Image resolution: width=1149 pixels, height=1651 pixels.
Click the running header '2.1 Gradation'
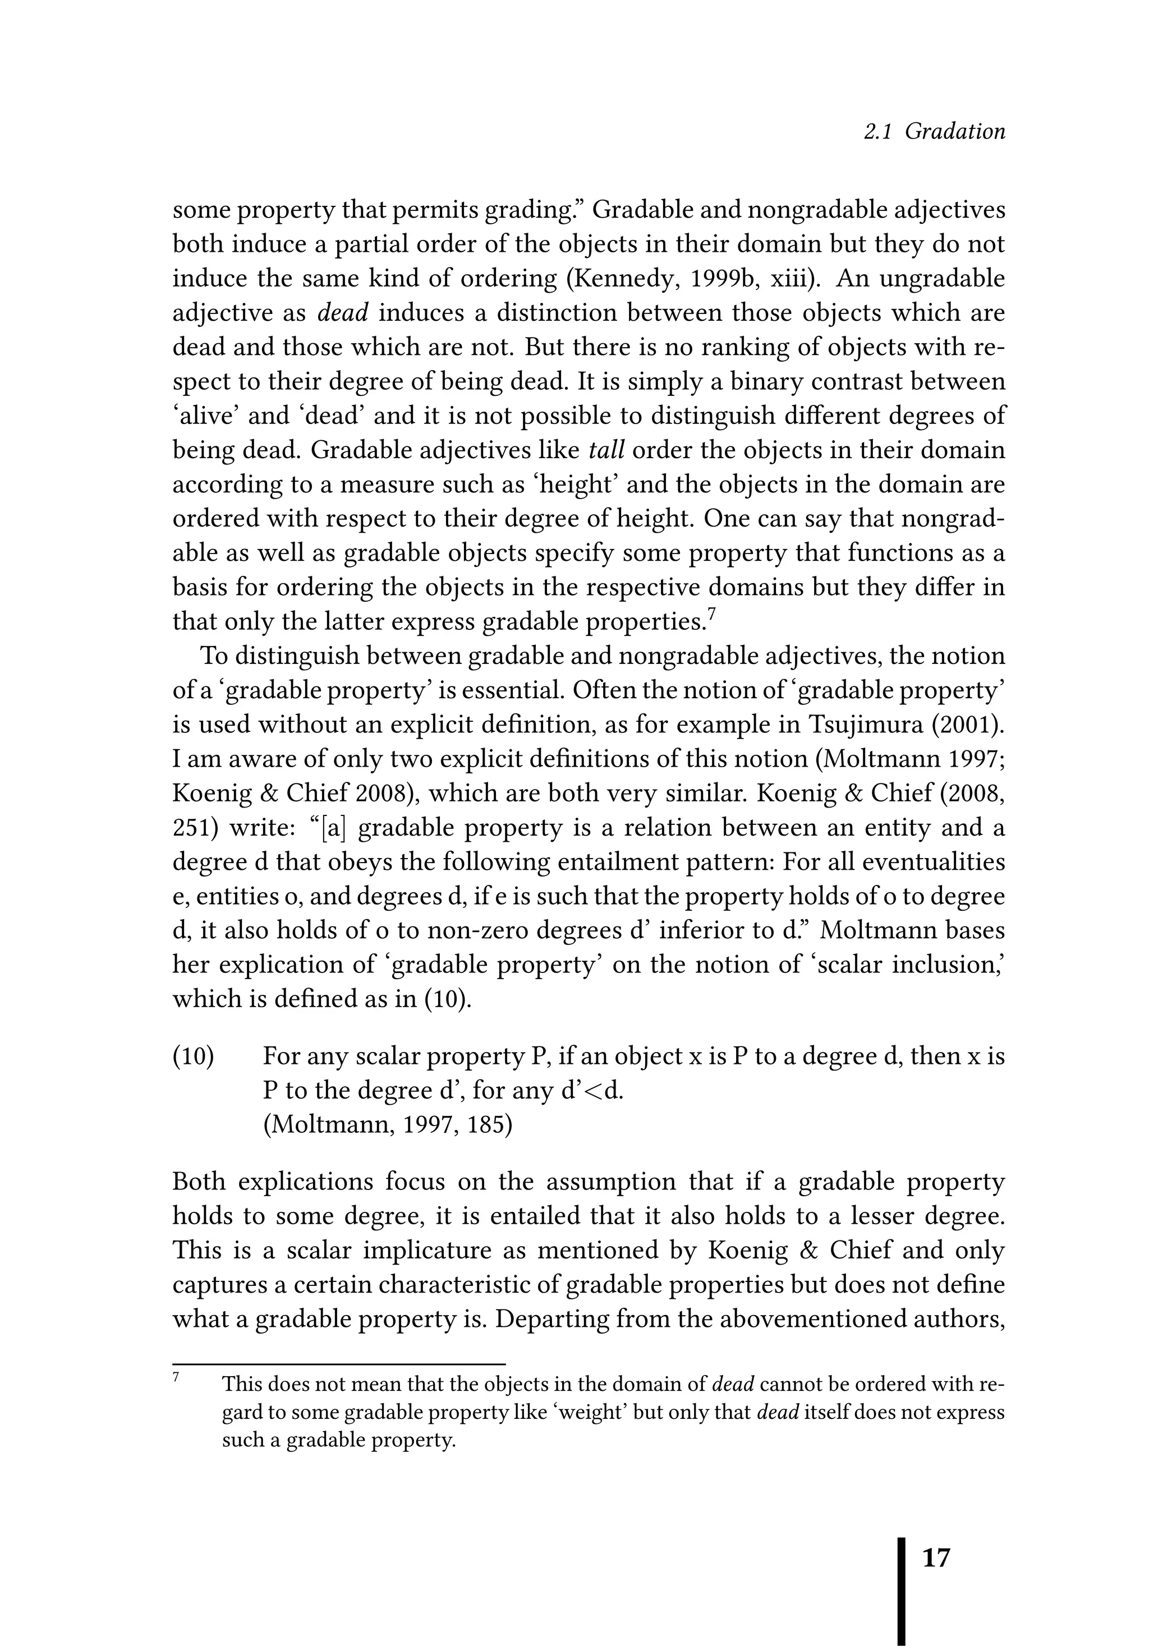(934, 132)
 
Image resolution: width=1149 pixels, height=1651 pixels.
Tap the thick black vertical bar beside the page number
(902, 1589)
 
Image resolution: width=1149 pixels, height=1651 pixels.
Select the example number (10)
(193, 1057)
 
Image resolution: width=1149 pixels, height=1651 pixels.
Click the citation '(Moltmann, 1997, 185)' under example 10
(387, 1124)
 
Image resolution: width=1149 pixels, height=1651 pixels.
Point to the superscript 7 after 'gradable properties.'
(711, 614)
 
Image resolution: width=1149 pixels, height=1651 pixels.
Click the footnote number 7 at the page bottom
(176, 1378)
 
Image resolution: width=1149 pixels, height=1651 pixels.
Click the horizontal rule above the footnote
(339, 1363)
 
